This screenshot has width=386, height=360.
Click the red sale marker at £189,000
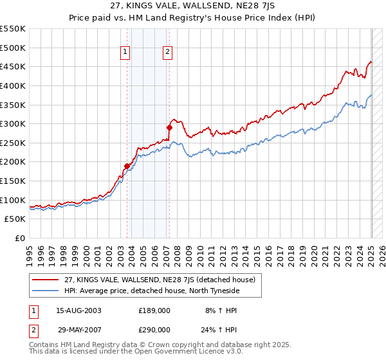tap(127, 166)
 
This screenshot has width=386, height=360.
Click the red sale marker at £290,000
tap(170, 127)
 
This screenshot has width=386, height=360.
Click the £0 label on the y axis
tap(20, 238)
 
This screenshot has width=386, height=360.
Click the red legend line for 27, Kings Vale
tap(46, 280)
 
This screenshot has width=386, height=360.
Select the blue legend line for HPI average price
tap(46, 291)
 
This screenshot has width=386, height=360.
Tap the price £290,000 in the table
tap(154, 329)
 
